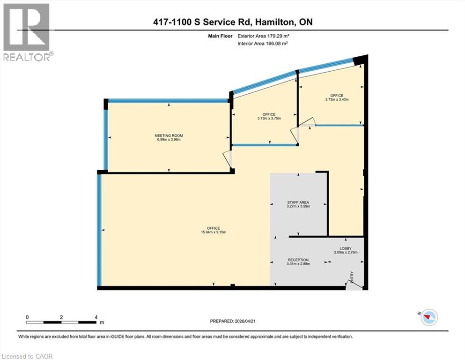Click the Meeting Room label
point(169,136)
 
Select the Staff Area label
point(298,202)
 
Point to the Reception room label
point(298,260)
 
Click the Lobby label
point(346,248)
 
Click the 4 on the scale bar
point(96,317)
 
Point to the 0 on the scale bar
point(28,317)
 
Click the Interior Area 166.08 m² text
point(263,43)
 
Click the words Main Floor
point(221,36)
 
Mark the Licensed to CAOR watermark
point(27,356)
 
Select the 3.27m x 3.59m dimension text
point(298,207)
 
